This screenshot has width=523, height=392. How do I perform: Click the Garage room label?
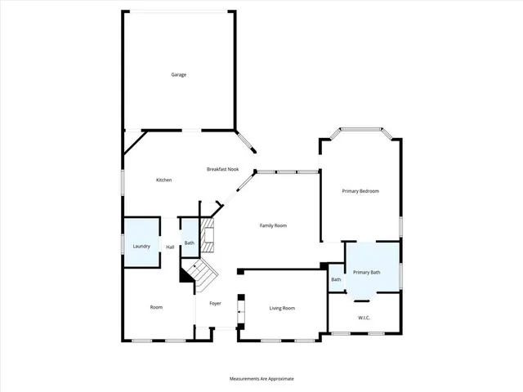coord(179,74)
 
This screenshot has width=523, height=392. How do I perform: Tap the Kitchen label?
coord(163,180)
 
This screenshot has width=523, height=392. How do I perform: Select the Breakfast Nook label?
coord(222,168)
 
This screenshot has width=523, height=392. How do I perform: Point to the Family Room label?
coord(274,225)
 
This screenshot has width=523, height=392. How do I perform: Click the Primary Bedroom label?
coord(360,190)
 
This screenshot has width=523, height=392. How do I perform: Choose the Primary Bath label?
coord(366,272)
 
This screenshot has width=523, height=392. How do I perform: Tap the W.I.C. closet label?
coord(364,317)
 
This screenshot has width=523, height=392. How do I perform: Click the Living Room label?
coord(283,308)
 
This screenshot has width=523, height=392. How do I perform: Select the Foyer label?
coord(215,303)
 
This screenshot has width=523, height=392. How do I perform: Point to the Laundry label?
coord(141,246)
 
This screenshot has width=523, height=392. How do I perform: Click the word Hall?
coord(170,247)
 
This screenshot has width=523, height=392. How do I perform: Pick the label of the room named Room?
coord(156,307)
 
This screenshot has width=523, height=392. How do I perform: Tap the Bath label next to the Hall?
coord(189,243)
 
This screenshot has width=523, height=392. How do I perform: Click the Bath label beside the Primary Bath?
coord(336,280)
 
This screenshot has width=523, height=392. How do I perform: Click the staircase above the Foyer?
coord(201,274)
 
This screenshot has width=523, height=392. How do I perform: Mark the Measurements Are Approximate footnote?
coord(261,379)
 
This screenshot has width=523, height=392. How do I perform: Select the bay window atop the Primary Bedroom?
coord(360,129)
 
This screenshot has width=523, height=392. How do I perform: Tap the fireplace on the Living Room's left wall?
coord(239,310)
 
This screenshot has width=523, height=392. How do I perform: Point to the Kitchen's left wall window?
coord(123,181)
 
